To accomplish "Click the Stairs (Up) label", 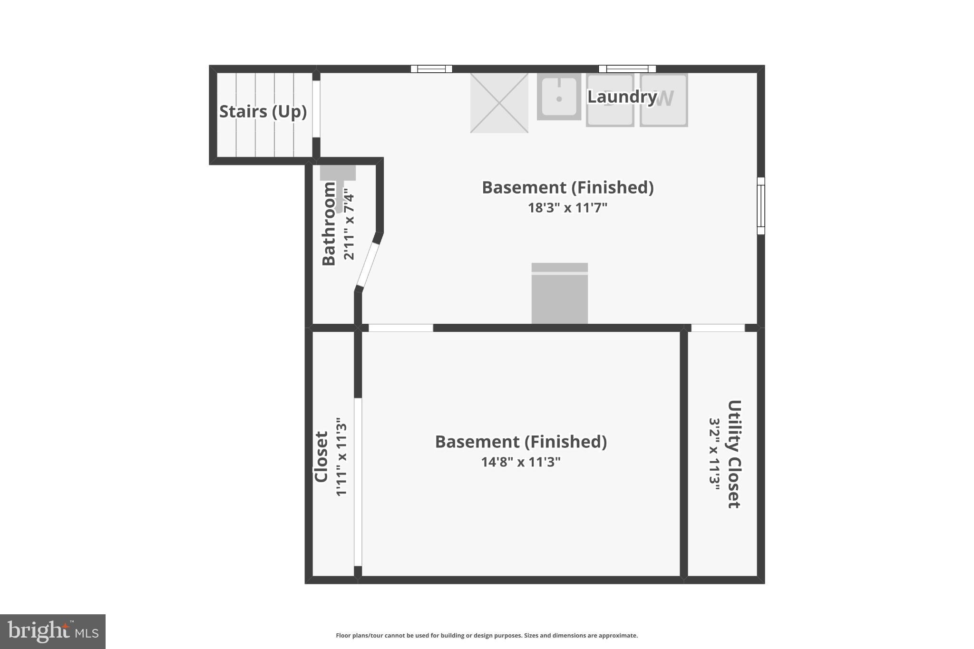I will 263,112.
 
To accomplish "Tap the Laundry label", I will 622,97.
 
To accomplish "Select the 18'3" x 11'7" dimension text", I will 567,208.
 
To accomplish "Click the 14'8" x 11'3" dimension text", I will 521,462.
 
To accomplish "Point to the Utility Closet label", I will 734,454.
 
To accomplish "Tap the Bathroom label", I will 329,223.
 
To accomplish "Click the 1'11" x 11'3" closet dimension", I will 341,457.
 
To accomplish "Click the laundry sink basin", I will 559,97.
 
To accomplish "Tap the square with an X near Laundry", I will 499,103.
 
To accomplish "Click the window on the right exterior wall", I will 760,205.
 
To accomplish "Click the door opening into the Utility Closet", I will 718,328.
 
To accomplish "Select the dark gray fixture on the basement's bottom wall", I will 559,293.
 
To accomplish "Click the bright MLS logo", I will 53,631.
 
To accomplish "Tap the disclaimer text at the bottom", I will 487,635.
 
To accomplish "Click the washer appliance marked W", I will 663,100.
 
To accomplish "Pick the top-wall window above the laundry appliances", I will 627,69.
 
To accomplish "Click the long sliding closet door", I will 358,482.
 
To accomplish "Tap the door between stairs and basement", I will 316,109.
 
